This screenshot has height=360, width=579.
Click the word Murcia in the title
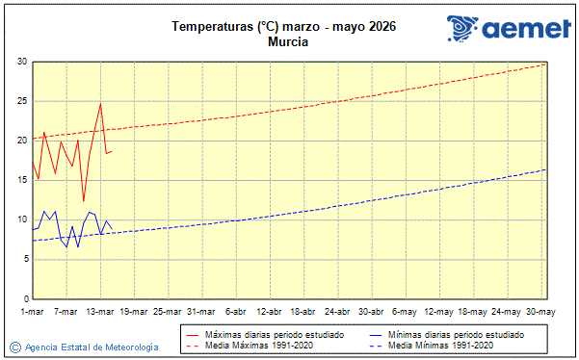[289, 42]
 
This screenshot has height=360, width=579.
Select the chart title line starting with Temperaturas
[289, 27]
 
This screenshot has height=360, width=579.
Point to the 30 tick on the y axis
[21, 62]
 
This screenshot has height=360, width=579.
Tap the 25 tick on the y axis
[21, 101]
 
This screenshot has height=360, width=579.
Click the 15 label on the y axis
[21, 180]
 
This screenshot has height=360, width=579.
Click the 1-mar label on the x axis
[33, 312]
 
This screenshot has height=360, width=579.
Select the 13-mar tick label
[100, 312]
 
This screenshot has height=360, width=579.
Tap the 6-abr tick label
[236, 312]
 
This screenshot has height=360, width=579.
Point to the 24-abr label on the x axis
[338, 312]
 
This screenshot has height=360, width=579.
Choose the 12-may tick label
[439, 312]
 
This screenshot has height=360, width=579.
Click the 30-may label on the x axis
[540, 312]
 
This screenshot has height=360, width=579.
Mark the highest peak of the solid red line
[100, 103]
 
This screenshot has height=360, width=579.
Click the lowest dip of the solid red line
[84, 201]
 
